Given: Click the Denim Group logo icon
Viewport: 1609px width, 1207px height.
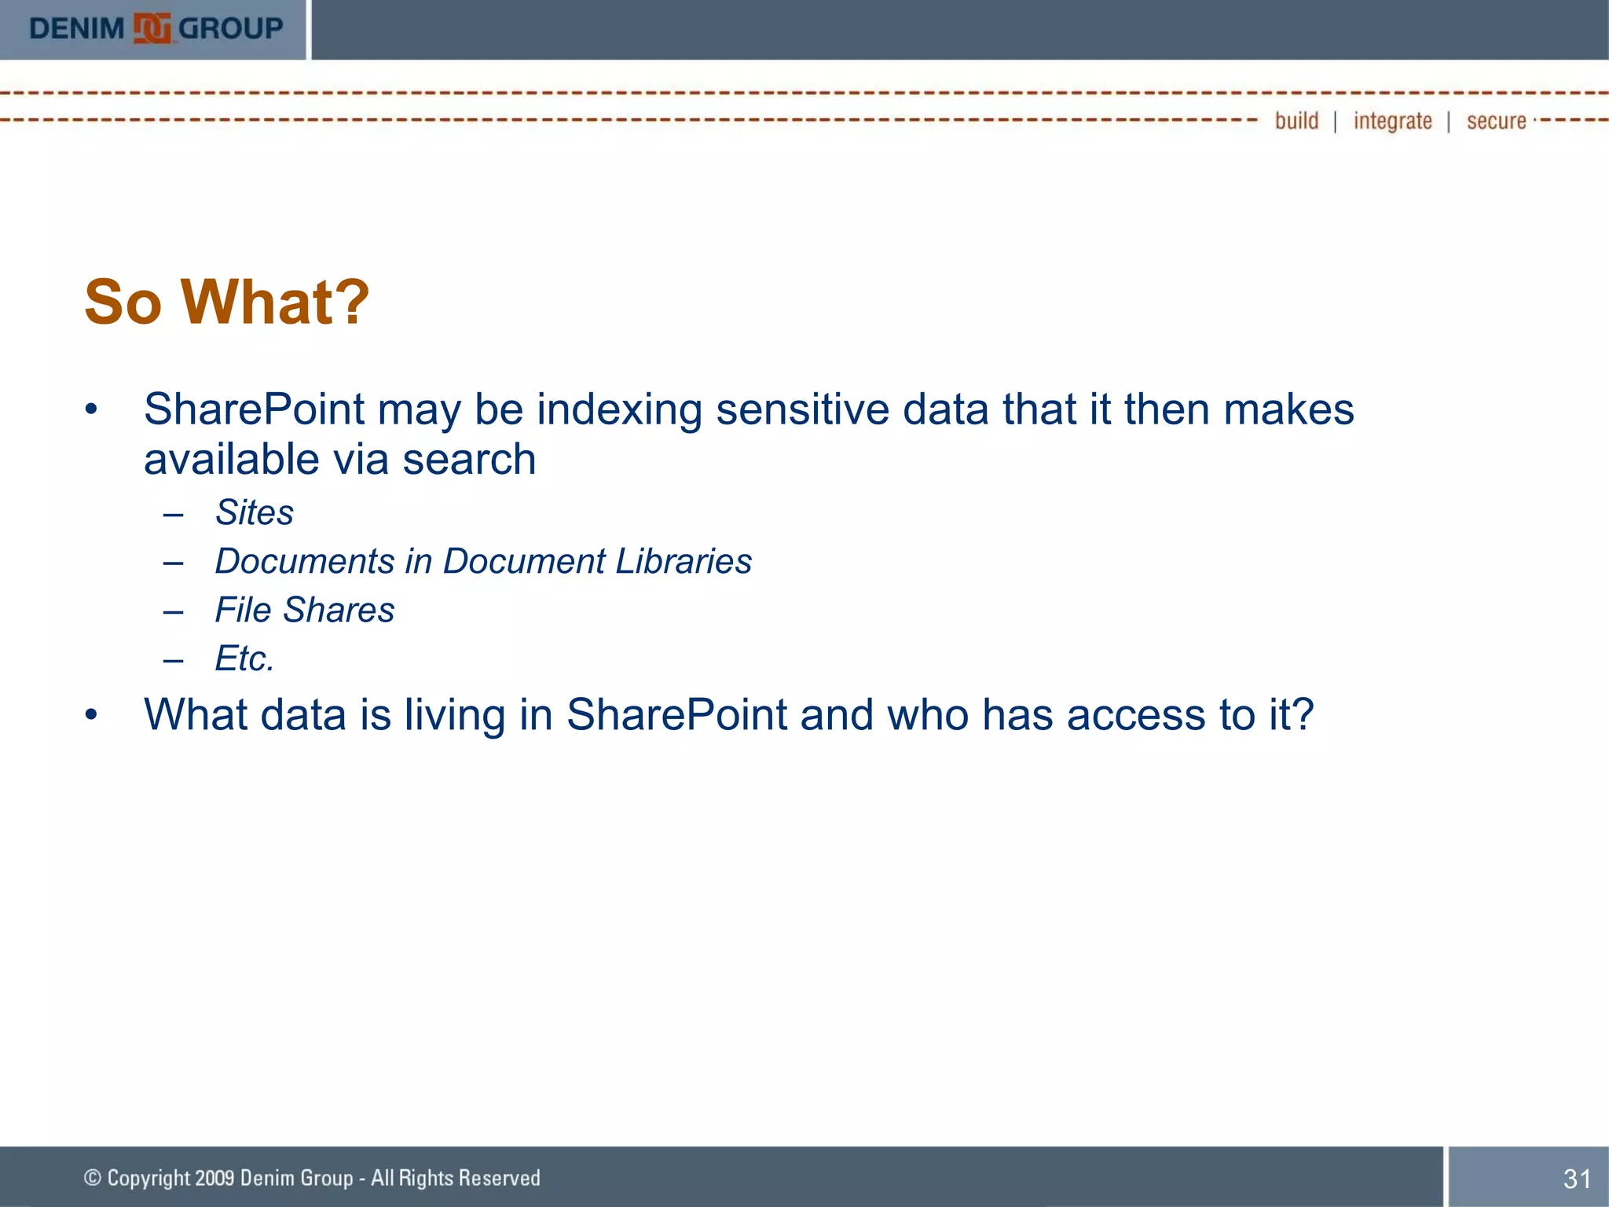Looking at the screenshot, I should pyautogui.click(x=152, y=29).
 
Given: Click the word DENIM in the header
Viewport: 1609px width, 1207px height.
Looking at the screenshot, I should pyautogui.click(x=76, y=29).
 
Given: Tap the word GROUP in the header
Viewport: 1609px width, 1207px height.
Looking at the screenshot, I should pyautogui.click(x=230, y=29).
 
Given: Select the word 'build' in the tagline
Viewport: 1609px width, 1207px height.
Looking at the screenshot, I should pyautogui.click(x=1296, y=121).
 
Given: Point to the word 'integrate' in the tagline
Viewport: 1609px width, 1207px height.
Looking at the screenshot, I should pyautogui.click(x=1392, y=122).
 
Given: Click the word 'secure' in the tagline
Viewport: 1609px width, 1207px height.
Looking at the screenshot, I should pyautogui.click(x=1496, y=122).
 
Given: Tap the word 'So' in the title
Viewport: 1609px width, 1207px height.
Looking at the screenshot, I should pyautogui.click(x=123, y=303).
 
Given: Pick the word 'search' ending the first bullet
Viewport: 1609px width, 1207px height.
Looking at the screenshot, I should pyautogui.click(x=469, y=460).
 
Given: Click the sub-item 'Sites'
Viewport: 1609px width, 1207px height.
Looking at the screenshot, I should pyautogui.click(x=255, y=513).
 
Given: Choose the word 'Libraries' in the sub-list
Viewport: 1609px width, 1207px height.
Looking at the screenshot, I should pyautogui.click(x=684, y=562).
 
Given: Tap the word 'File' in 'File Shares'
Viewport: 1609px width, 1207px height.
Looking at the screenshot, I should pyautogui.click(x=243, y=611).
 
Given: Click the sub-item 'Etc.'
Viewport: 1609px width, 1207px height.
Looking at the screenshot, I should pyautogui.click(x=244, y=659).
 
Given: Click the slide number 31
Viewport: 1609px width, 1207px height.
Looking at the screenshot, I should pyautogui.click(x=1577, y=1179).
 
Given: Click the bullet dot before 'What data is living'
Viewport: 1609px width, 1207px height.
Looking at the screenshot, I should pyautogui.click(x=92, y=715).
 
